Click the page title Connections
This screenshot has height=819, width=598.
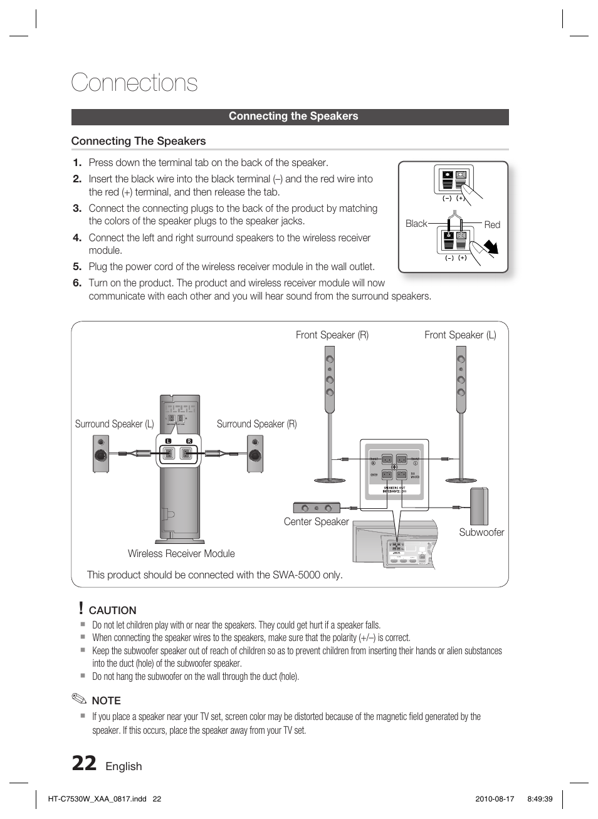tap(134, 83)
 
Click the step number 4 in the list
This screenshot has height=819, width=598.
tap(77, 237)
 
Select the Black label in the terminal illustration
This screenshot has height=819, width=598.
tap(416, 224)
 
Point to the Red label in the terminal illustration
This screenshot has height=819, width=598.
tap(492, 224)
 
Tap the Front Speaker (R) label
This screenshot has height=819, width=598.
tap(332, 335)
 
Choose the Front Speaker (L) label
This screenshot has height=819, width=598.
tap(460, 335)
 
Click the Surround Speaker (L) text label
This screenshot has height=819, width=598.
tap(114, 424)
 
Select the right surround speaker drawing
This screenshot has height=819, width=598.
tap(254, 454)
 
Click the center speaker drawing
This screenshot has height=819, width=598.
tap(317, 508)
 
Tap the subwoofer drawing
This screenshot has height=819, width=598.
tap(479, 506)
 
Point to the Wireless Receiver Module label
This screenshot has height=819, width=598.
tap(181, 553)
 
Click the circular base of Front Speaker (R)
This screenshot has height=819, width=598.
tap(330, 480)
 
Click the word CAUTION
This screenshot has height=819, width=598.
tap(112, 610)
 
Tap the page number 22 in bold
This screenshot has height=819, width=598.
tap(84, 764)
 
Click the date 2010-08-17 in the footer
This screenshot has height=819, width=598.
tap(495, 799)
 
